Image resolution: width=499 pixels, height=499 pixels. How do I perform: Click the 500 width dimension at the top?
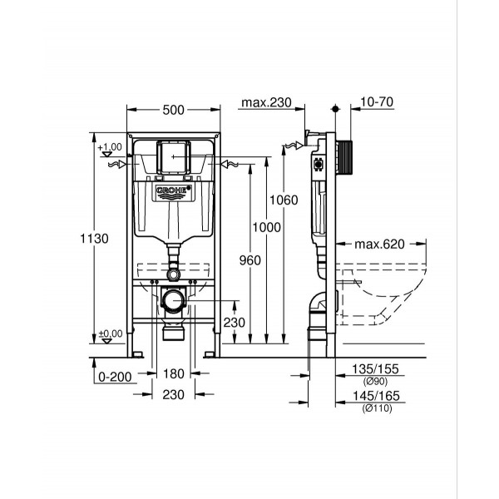(174, 110)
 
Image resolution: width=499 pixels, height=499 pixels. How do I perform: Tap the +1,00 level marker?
(108, 148)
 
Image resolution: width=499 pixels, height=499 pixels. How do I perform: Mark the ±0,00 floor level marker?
(108, 333)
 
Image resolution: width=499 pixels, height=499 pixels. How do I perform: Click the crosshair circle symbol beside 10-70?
(334, 110)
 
